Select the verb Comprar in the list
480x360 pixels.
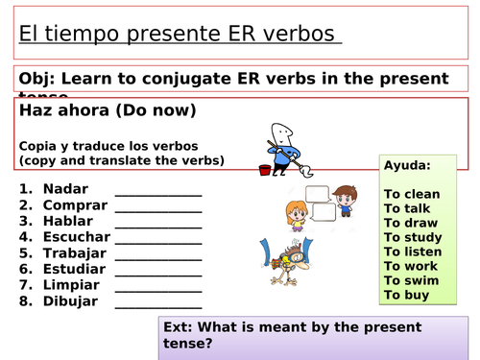click(x=72, y=205)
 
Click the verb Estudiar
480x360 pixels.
click(x=73, y=269)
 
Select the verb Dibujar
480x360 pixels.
click(x=70, y=301)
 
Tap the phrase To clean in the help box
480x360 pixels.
click(x=412, y=194)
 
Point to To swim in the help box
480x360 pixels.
click(x=410, y=280)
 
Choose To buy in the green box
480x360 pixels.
click(x=406, y=295)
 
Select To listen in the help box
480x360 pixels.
click(x=413, y=252)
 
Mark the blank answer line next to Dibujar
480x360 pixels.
click(x=158, y=304)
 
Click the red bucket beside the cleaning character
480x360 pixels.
click(x=265, y=170)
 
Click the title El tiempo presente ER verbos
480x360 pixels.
click(x=178, y=35)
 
